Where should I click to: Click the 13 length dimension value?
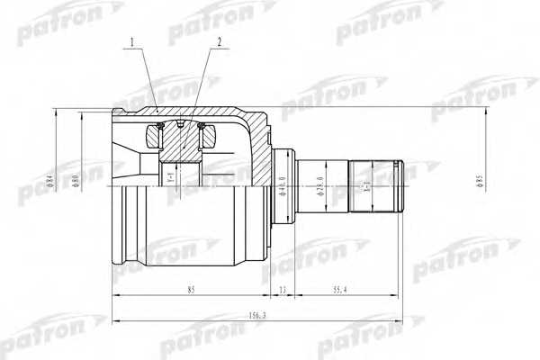(x=282, y=289)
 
